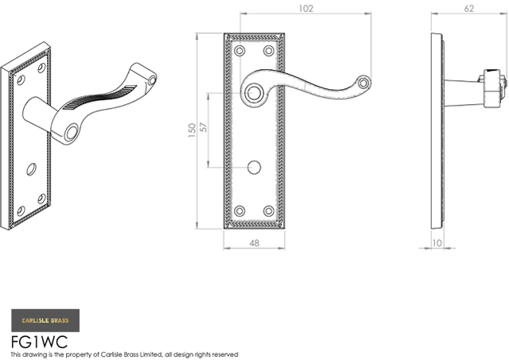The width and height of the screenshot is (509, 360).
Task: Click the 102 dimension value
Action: coord(305,9)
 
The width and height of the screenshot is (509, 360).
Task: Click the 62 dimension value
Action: coord(469,9)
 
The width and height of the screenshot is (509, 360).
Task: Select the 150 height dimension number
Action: coord(192,130)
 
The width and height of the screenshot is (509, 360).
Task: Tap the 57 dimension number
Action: coord(204,127)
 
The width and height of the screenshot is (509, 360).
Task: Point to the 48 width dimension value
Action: coord(254,243)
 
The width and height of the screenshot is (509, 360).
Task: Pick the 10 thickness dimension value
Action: coord(437,243)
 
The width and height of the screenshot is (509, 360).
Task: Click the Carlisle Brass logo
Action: coord(45,320)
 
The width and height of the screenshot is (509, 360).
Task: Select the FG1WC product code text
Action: coord(39,342)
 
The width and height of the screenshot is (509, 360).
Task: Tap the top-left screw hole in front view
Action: coord(239,51)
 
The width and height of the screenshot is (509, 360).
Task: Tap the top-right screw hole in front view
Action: coord(269,51)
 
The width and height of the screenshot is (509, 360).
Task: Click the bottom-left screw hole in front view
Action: coord(239,211)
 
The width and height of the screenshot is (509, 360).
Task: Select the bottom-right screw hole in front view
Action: coord(269,211)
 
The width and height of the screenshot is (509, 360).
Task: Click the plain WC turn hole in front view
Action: coord(254,167)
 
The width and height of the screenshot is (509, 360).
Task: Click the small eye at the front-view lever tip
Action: coord(364,83)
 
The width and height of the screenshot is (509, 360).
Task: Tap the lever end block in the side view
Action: coord(494,88)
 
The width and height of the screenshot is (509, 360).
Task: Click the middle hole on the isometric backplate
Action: coord(32,169)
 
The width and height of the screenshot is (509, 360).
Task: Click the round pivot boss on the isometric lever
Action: coord(71,134)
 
